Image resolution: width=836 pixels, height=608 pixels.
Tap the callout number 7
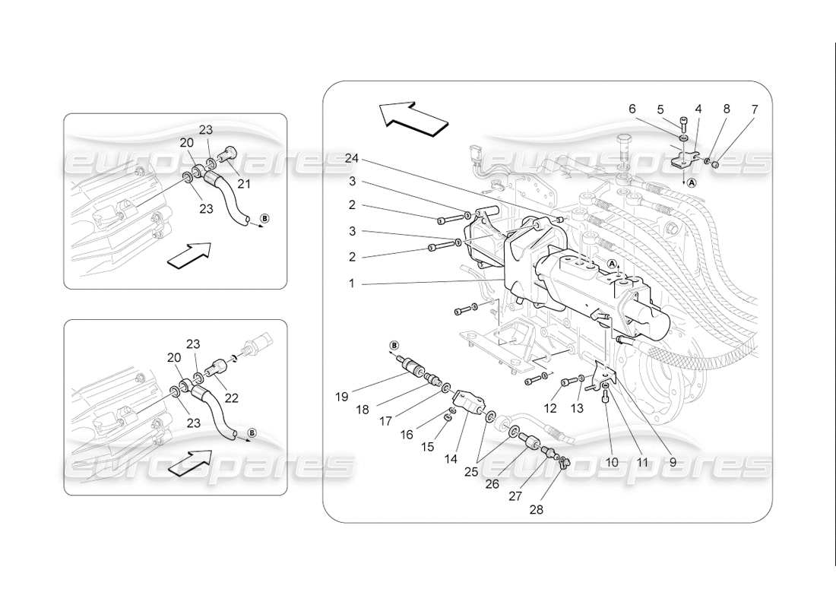tap(754, 109)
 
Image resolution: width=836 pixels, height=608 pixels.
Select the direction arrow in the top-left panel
tap(188, 255)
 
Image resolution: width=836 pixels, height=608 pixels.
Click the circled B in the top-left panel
tap(264, 219)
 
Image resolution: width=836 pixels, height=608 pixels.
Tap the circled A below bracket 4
tap(692, 183)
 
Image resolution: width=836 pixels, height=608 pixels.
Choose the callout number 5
tap(660, 109)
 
